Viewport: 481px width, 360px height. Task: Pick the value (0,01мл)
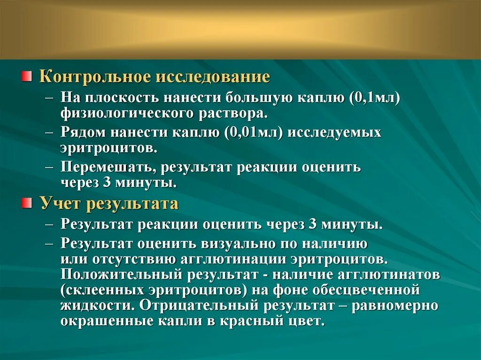tap(254, 132)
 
